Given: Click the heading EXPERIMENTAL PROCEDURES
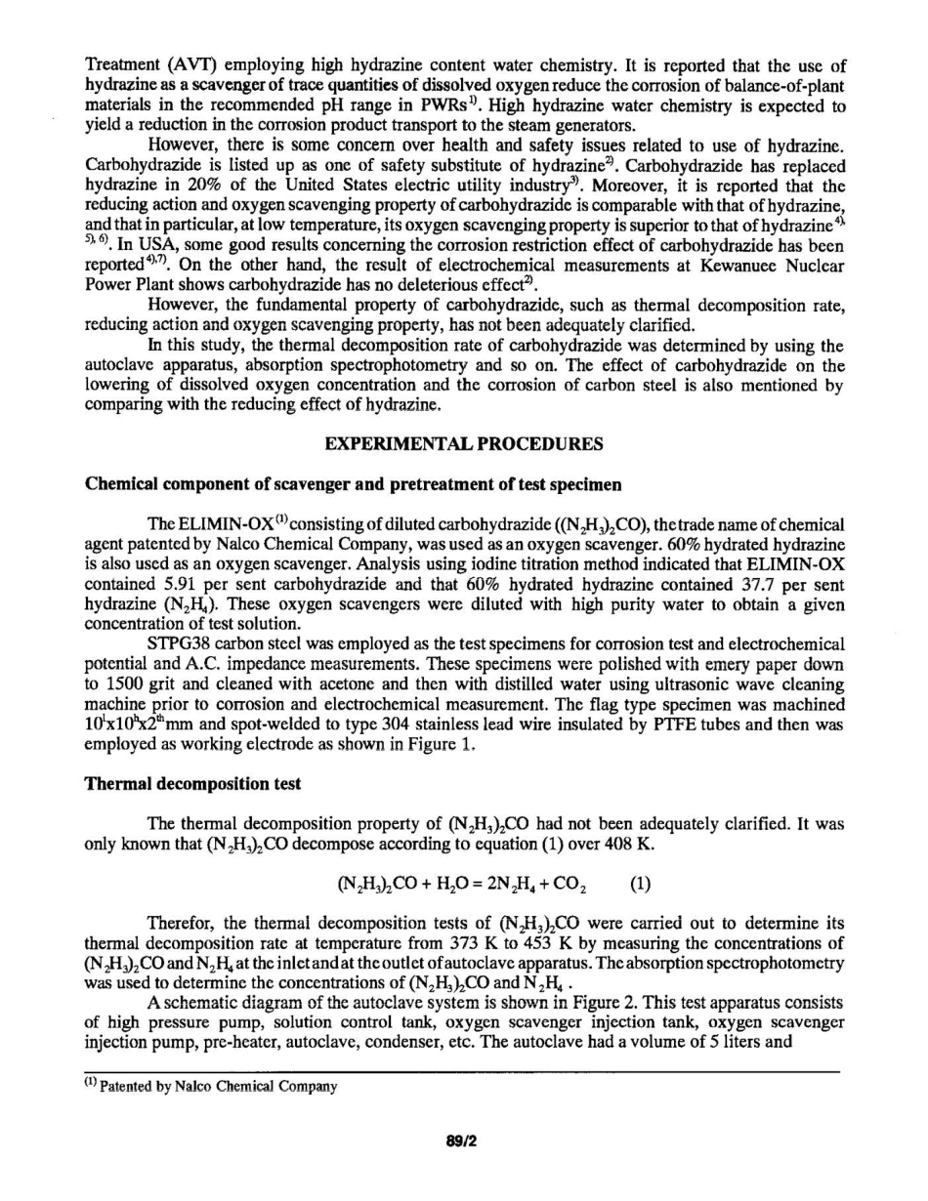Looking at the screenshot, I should (x=463, y=444).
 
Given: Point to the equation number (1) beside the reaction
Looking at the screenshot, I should (x=640, y=887).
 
